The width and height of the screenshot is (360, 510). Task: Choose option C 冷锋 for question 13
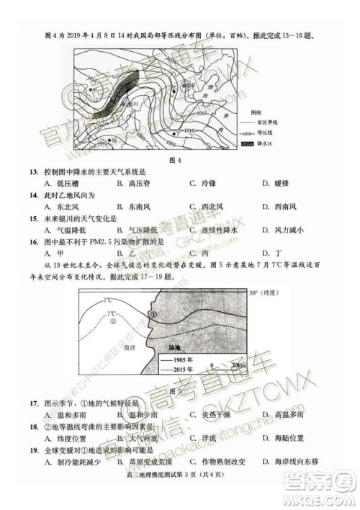point(203,184)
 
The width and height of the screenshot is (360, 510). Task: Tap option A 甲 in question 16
point(50,254)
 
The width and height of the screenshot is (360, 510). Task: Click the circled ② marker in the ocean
point(114,322)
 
